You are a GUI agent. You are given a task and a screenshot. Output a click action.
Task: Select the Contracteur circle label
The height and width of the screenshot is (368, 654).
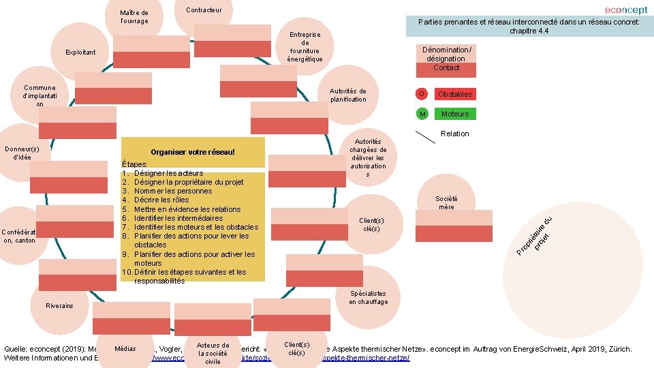(x=204, y=10)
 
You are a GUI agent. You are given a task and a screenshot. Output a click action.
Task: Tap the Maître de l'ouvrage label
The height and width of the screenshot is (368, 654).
(x=134, y=17)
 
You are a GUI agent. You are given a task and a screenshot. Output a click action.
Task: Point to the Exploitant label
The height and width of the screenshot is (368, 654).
(x=80, y=52)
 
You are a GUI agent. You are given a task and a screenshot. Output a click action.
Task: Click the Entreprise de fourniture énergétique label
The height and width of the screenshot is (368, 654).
(x=305, y=46)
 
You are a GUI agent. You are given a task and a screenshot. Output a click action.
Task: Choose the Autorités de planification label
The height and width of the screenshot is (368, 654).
(x=347, y=95)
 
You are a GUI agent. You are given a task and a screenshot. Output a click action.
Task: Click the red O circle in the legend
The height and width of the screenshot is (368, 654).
(x=422, y=94)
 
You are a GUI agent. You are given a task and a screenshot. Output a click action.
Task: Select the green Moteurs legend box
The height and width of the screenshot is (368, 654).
(x=455, y=114)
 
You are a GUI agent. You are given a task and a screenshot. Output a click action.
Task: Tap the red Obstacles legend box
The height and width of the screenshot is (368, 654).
(x=455, y=94)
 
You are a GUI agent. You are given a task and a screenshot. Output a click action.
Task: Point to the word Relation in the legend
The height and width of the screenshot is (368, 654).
(x=455, y=134)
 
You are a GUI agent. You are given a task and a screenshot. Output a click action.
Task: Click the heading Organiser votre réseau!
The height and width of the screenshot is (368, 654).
(x=192, y=151)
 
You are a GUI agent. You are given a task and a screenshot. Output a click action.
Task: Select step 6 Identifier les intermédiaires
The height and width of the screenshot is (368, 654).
(x=183, y=218)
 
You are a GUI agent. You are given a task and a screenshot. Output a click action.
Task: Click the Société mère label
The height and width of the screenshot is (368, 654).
(x=446, y=202)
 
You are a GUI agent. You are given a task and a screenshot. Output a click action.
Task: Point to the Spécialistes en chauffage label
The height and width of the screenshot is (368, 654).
(x=369, y=298)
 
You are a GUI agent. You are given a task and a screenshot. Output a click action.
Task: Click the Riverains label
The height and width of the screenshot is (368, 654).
(x=59, y=306)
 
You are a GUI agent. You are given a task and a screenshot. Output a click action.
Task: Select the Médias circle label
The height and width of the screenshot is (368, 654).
(x=125, y=348)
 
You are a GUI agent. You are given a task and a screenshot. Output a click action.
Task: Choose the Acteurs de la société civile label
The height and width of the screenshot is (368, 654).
(x=213, y=354)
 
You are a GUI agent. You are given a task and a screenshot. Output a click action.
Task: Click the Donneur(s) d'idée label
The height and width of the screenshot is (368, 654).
(x=22, y=153)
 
